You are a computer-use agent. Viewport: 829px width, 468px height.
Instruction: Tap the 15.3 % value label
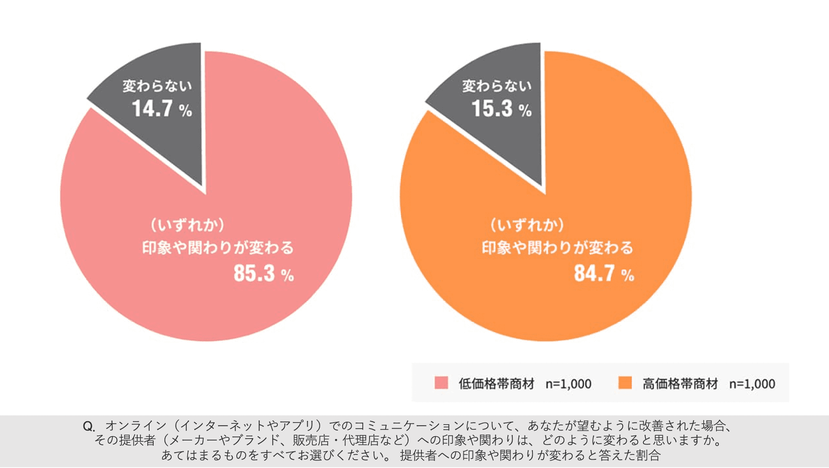(x=501, y=109)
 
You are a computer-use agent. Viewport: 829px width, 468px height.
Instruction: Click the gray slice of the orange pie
(x=514, y=142)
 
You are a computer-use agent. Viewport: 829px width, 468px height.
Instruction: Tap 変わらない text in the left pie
(x=157, y=86)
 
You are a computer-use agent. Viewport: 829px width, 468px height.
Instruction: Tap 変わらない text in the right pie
(x=497, y=86)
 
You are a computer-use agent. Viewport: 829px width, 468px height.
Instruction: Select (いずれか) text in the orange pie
(x=527, y=225)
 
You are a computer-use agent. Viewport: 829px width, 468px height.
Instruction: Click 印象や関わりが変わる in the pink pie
(x=218, y=248)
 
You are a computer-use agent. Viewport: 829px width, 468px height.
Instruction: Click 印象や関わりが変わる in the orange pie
(x=557, y=248)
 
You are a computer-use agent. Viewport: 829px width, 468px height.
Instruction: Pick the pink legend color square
(x=441, y=383)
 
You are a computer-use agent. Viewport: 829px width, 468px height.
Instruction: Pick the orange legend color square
(x=625, y=383)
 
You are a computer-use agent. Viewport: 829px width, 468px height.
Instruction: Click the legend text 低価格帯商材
(x=497, y=383)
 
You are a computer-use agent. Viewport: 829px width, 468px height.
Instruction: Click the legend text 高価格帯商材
(x=680, y=383)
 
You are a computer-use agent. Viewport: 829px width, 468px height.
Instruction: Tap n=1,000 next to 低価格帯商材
(x=568, y=384)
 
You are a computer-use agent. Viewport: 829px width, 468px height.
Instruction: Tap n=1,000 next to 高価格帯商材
(x=752, y=384)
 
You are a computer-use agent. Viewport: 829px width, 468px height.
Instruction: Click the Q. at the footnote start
(x=89, y=427)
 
